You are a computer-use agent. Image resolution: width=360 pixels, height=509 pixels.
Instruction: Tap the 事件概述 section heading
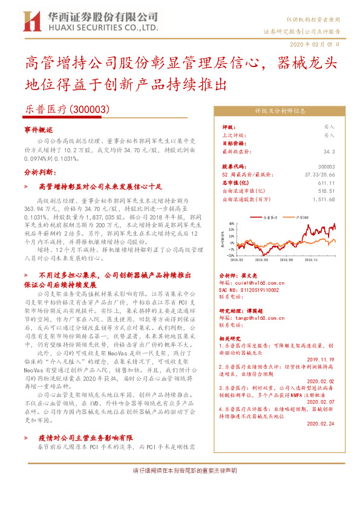pyautogui.click(x=39, y=130)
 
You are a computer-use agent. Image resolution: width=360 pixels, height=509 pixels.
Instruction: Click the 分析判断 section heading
pyautogui.click(x=39, y=172)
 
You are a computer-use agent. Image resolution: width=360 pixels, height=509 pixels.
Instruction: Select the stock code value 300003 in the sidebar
pyautogui.click(x=326, y=166)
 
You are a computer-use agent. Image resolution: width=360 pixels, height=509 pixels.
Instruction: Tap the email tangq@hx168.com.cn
pyautogui.click(x=257, y=317)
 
